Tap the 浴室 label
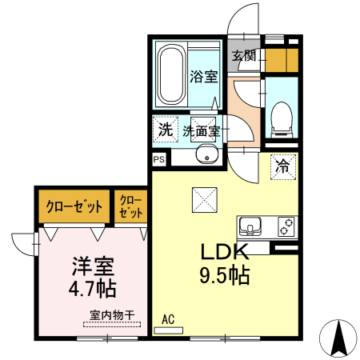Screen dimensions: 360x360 click(203, 77)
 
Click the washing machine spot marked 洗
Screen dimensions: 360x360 click(164, 129)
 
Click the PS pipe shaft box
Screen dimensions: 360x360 click(158, 159)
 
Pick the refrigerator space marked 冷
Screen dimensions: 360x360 click(282, 167)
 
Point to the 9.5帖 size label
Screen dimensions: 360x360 click(225, 277)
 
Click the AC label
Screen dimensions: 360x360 click(168, 320)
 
